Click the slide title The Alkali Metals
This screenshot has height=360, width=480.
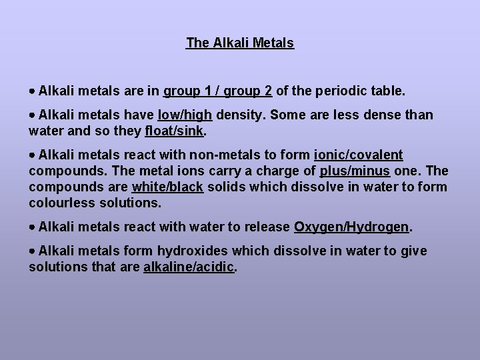(240, 43)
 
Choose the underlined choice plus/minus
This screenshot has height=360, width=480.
(355, 171)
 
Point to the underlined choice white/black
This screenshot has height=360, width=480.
(167, 187)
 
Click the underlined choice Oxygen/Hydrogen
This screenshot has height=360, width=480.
(351, 227)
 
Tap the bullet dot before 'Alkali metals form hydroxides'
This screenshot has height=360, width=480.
(33, 252)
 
